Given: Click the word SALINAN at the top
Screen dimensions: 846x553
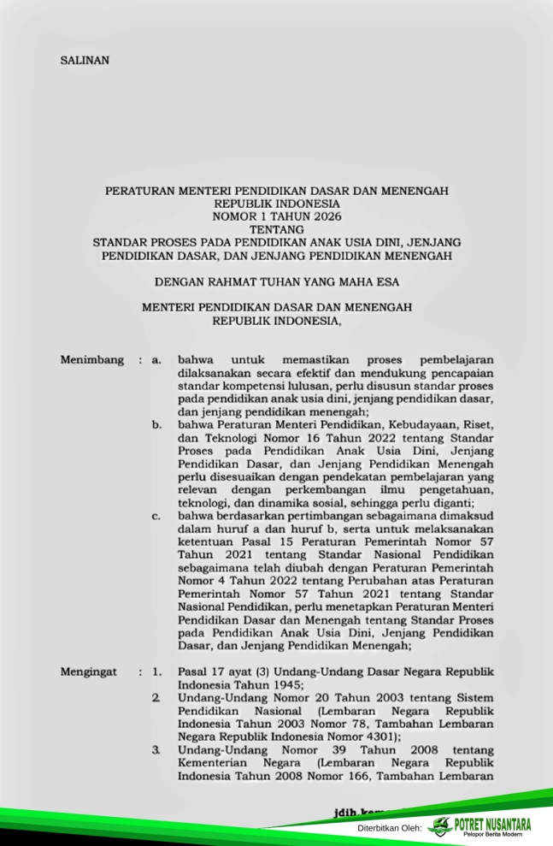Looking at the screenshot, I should [85, 61].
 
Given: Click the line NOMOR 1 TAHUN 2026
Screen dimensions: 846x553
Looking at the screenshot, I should [276, 216].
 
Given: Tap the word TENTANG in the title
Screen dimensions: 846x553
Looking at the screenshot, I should [276, 229].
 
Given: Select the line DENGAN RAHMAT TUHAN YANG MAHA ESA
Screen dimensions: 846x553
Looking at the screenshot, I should [276, 280].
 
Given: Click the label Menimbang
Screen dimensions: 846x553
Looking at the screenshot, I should [91, 360].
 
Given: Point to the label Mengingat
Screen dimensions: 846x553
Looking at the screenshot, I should [88, 672].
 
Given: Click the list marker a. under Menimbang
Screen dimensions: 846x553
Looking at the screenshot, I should [156, 361].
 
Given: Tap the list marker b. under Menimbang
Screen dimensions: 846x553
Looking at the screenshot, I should [156, 423].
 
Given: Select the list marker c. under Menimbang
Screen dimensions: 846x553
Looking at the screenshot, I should [156, 517].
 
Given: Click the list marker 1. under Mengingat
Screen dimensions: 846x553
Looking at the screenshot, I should [156, 672].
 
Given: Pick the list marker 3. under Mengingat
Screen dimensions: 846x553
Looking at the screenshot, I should [156, 750].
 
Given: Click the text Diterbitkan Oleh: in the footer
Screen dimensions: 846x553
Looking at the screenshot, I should [391, 829].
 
